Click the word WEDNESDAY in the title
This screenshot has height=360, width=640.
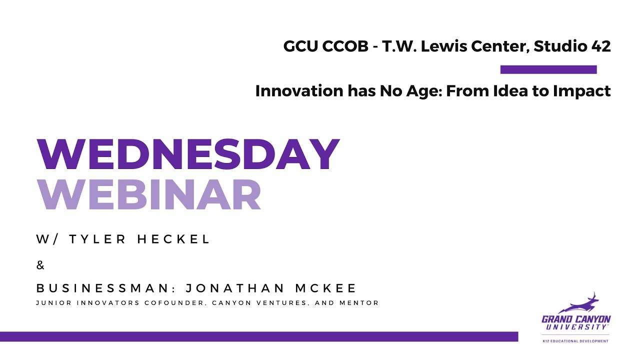tap(188, 154)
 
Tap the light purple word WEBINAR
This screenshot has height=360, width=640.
tap(149, 195)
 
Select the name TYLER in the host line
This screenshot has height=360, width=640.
tap(96, 239)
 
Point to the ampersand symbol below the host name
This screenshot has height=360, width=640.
tap(40, 265)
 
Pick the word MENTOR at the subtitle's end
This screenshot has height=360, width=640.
tap(362, 303)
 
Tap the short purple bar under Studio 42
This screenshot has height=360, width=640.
tap(548, 69)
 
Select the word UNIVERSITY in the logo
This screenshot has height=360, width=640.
tap(576, 327)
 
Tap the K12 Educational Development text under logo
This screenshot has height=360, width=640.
tap(575, 341)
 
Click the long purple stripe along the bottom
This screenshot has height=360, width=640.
tap(258, 336)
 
